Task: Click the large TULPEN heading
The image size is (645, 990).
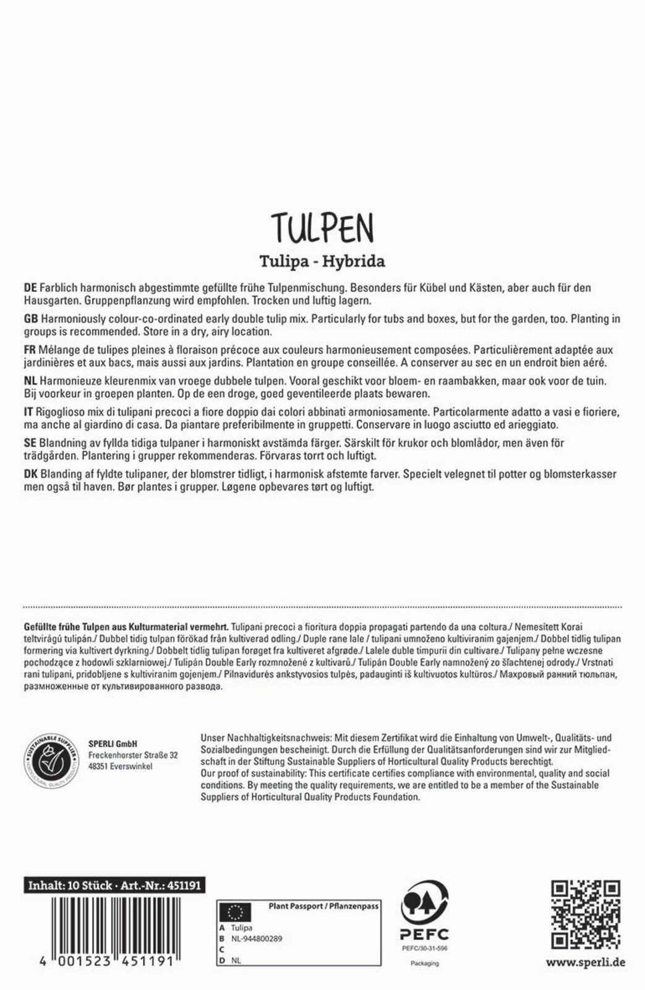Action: pos(322,229)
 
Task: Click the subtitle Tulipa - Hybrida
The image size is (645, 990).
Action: pos(322,261)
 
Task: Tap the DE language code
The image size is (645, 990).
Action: pos(29,288)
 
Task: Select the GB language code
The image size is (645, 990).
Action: pos(30,319)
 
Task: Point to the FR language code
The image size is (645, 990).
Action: pos(28,350)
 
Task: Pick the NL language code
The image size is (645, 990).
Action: pos(29,381)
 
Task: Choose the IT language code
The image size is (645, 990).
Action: pos(27,412)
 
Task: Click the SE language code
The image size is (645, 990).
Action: pos(29,443)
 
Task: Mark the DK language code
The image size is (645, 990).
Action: pos(30,474)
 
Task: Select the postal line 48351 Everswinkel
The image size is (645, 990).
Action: pos(120,767)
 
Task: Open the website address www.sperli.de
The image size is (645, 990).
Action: pos(585,962)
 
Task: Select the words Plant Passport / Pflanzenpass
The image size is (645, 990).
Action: pos(323,906)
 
